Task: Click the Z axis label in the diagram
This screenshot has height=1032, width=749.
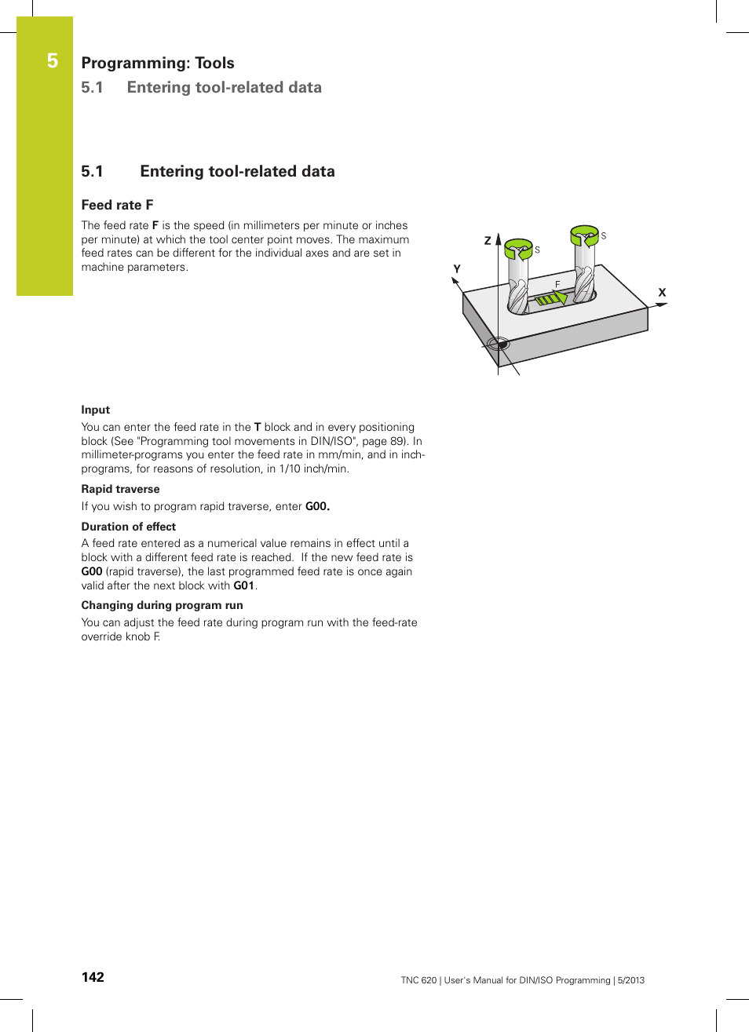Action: click(x=488, y=241)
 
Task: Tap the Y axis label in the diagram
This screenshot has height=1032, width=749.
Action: click(x=457, y=269)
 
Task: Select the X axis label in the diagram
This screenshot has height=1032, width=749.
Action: click(x=662, y=293)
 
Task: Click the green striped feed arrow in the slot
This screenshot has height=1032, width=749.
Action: click(x=550, y=298)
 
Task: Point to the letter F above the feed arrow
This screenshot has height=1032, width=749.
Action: click(x=557, y=284)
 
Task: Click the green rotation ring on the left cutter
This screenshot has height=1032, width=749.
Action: click(x=518, y=249)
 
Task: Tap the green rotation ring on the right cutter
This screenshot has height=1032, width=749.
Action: click(x=584, y=235)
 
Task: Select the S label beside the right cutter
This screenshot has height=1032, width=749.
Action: click(x=604, y=235)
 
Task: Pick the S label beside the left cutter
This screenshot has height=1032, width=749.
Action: click(x=537, y=250)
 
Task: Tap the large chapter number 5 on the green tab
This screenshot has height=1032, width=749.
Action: click(x=53, y=60)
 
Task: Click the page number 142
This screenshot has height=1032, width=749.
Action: click(x=93, y=977)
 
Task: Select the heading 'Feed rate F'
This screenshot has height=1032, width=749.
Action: click(x=117, y=205)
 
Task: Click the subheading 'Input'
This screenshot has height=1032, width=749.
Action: click(x=96, y=410)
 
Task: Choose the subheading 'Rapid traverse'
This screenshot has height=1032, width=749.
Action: click(x=120, y=489)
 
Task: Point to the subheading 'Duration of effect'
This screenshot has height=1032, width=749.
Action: click(x=129, y=527)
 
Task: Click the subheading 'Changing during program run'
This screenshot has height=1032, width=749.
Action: click(x=162, y=605)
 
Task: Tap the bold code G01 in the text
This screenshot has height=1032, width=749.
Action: click(x=243, y=585)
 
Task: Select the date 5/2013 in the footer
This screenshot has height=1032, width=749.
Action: click(x=630, y=980)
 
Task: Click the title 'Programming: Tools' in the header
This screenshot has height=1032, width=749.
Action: click(x=158, y=63)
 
